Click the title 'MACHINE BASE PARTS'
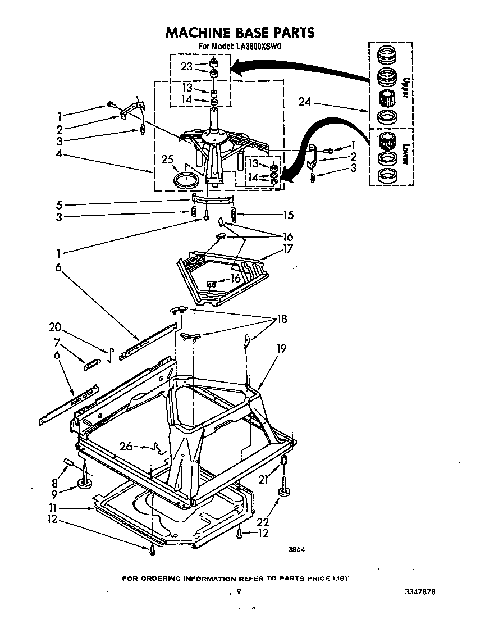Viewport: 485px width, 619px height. click(240, 33)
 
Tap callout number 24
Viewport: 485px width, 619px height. click(304, 103)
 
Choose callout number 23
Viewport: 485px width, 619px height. click(187, 66)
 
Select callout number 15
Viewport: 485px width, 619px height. click(289, 215)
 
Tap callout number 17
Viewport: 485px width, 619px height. click(288, 248)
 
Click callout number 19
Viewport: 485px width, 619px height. click(281, 349)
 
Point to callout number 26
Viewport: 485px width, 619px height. click(127, 447)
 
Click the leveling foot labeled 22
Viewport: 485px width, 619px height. click(283, 493)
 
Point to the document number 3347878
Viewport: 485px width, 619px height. click(419, 592)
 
